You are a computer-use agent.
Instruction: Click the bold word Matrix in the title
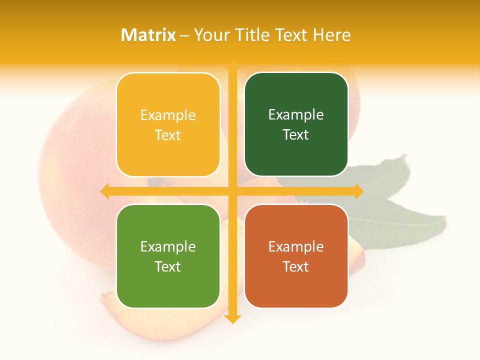click(x=148, y=35)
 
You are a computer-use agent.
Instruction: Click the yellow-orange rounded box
click(x=168, y=124)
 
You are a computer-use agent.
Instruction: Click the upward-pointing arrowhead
click(x=232, y=65)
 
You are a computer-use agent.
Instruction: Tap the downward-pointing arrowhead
click(x=232, y=318)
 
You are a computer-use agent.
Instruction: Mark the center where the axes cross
click(x=232, y=191)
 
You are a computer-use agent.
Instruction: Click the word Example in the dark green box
click(x=296, y=115)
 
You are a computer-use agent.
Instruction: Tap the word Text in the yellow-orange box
click(x=168, y=135)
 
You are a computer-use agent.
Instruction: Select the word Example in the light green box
click(x=168, y=246)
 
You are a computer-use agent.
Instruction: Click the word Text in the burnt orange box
click(x=296, y=266)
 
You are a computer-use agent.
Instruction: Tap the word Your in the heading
click(x=209, y=35)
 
